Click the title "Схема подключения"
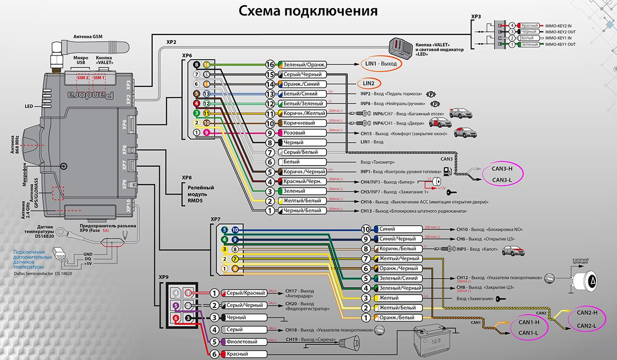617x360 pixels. [x=308, y=12]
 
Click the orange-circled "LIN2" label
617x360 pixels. [x=369, y=83]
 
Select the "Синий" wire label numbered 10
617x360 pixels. [x=398, y=229]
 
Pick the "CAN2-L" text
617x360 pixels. [x=587, y=325]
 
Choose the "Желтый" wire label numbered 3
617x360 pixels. [x=398, y=298]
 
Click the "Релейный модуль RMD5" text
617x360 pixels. [x=197, y=195]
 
